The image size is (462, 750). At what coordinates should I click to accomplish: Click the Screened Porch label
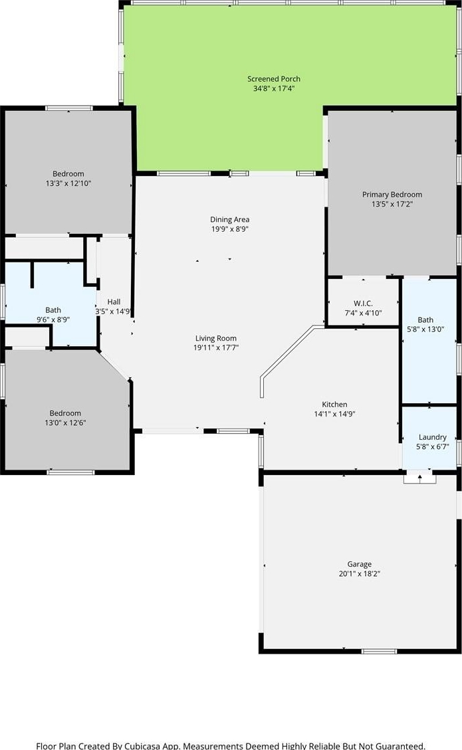point(274,79)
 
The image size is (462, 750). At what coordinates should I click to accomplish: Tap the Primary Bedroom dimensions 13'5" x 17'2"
point(392,204)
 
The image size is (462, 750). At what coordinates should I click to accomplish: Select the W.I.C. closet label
point(363,304)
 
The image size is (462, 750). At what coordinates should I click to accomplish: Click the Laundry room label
point(432,437)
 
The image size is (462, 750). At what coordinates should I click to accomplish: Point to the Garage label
point(360,565)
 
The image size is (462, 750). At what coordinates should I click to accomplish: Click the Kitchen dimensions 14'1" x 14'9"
point(334,415)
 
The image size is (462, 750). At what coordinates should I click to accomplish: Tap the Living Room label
point(216,338)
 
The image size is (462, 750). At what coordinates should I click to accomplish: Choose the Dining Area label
point(230,219)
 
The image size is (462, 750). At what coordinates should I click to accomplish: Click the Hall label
point(114,302)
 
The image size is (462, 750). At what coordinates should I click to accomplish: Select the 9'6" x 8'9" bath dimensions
point(53,320)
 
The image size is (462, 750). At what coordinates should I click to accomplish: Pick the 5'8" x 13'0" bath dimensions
point(425,329)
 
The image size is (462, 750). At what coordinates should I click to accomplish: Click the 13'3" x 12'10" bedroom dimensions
point(68,183)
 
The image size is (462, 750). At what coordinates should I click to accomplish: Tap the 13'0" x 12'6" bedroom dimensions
point(65,423)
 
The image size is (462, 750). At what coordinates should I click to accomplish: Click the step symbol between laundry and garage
point(420,478)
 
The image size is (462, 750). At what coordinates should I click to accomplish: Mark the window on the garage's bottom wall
point(379,651)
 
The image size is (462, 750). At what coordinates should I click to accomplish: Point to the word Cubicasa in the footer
point(145,746)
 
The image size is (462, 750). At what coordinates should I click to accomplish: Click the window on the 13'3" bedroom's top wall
point(69,108)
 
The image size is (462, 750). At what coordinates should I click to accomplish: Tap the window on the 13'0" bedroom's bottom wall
point(71,472)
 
